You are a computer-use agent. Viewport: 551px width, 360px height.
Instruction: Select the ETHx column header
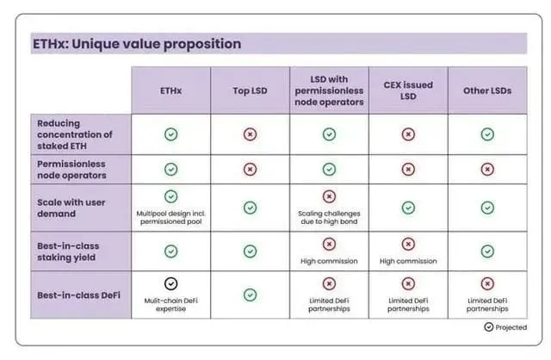click(x=170, y=89)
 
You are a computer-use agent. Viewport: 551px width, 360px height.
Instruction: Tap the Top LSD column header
click(x=250, y=89)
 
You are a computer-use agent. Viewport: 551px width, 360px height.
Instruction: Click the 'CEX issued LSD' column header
click(x=407, y=89)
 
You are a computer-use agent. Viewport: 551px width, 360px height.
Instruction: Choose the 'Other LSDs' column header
click(x=487, y=89)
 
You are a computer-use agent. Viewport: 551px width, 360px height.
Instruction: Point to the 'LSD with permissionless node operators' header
click(x=328, y=89)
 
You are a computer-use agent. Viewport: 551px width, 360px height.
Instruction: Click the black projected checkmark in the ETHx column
click(x=170, y=283)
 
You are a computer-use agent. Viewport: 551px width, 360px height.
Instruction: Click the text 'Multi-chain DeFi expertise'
click(x=170, y=304)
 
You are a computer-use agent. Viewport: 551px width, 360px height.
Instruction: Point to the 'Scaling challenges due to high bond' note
click(x=328, y=218)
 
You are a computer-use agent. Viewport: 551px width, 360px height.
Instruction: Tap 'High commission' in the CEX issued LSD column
click(x=407, y=261)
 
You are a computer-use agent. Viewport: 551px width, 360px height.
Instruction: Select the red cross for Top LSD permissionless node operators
click(x=250, y=169)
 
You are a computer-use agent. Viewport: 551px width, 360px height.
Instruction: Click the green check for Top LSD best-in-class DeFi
click(x=250, y=295)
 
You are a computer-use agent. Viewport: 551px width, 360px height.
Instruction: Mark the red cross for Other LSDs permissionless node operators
click(x=487, y=169)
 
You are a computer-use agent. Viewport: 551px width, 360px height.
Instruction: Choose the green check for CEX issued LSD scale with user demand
click(x=407, y=208)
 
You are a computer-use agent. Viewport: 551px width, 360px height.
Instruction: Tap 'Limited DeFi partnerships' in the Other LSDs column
click(x=487, y=304)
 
